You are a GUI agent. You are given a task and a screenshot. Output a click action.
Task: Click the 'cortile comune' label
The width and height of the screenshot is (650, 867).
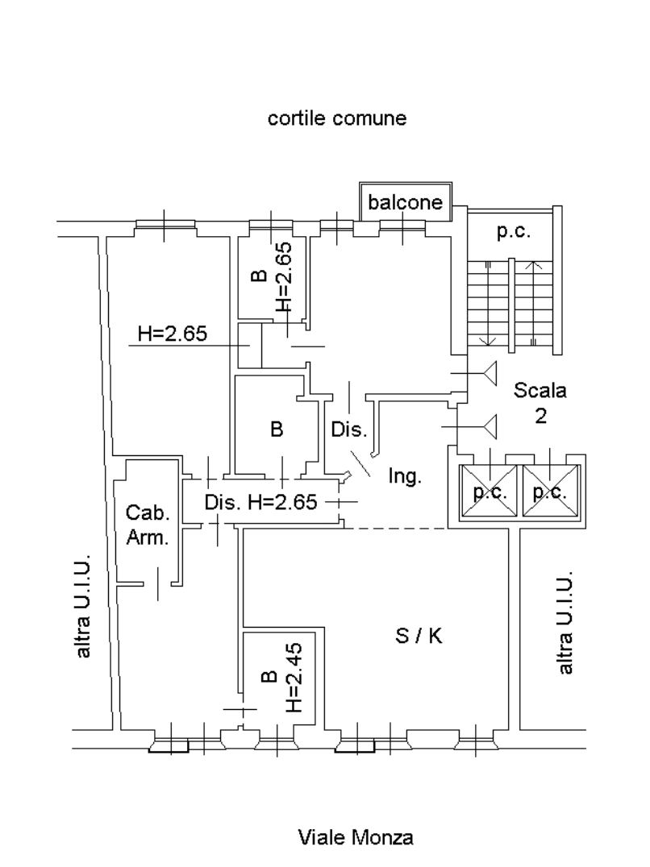337,119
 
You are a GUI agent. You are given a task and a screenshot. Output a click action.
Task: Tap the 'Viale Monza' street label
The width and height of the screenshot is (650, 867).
355,838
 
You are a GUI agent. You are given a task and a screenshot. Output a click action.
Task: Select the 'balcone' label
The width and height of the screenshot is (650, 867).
406,202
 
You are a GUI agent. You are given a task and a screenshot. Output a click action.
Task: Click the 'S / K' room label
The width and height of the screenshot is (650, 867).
418,637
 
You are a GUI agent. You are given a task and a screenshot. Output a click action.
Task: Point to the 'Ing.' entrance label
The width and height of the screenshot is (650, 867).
405,476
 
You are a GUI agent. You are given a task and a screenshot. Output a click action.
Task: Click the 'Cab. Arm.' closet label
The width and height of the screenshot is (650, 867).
148,526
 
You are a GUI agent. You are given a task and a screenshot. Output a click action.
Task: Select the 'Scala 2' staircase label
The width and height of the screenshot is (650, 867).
541,404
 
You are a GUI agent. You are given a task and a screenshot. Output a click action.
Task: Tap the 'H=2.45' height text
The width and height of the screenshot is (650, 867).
294,678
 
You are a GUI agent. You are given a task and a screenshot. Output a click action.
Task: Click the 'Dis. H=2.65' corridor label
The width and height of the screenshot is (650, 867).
261,502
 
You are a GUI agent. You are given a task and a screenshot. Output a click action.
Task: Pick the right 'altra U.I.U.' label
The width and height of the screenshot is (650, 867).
566,624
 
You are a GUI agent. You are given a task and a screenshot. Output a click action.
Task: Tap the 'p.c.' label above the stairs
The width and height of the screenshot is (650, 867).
513,232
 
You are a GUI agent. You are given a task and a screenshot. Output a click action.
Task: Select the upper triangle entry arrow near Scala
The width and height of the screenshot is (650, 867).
486,374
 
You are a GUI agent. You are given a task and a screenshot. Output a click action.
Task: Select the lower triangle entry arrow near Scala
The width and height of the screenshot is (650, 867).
486,424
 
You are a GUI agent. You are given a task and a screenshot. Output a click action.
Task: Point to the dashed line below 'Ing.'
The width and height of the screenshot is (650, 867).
396,529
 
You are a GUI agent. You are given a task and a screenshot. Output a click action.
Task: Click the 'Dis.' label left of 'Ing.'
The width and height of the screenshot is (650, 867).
349,429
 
